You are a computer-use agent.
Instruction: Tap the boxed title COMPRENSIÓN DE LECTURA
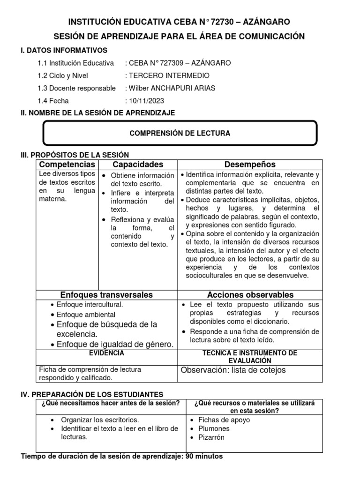click(180, 134)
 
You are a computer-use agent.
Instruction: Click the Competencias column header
click(67, 165)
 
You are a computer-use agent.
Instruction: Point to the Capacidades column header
click(138, 165)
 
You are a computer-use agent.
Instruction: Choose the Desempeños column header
click(250, 165)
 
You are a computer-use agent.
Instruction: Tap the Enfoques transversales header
click(106, 295)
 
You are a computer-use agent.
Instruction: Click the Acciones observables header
click(250, 295)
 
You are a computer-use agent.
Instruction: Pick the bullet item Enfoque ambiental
click(83, 315)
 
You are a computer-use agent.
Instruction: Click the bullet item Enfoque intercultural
click(90, 305)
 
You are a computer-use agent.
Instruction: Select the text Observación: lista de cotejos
click(233, 370)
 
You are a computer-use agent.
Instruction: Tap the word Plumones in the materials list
click(214, 428)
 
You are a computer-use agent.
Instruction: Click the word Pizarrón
click(211, 437)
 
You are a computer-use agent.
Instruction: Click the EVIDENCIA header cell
click(106, 352)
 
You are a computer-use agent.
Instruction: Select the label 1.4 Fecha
click(53, 100)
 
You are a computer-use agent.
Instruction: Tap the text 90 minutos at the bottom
click(203, 457)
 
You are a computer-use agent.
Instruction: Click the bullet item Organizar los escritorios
click(100, 420)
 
